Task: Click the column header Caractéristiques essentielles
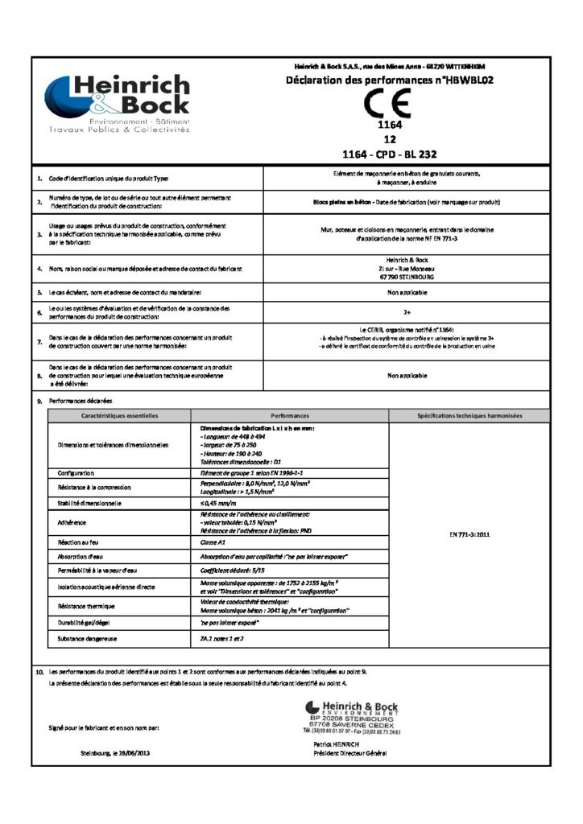coord(120,416)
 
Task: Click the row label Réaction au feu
coord(76,544)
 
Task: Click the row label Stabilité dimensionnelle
coord(89,503)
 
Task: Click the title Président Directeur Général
coord(352,753)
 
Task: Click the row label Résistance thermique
coord(87,604)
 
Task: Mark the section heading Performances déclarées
coord(81,400)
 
